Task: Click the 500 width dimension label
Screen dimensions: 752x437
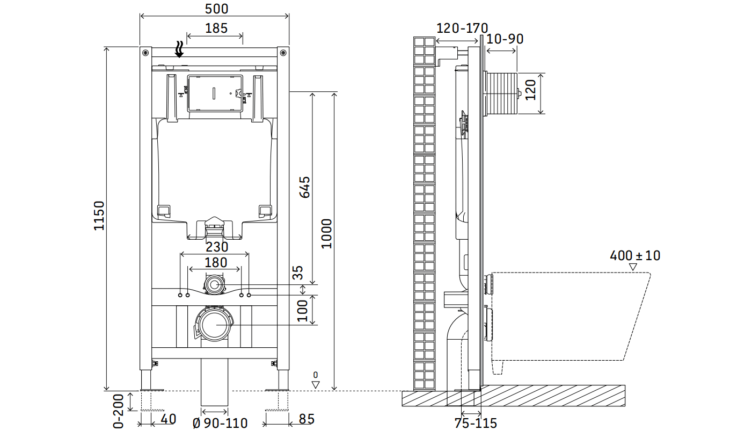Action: click(x=216, y=9)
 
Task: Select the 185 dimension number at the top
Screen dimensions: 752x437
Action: click(x=216, y=28)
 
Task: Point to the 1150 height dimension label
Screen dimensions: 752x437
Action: click(x=99, y=216)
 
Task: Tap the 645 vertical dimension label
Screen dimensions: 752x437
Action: click(x=305, y=187)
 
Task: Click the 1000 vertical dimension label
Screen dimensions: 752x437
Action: click(x=327, y=234)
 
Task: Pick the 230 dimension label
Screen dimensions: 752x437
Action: click(x=217, y=247)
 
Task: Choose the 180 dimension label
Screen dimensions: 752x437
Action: click(x=216, y=262)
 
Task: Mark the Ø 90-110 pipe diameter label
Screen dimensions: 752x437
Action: click(x=220, y=423)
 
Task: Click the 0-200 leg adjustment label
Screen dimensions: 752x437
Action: click(x=118, y=411)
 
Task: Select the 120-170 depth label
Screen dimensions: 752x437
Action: click(x=462, y=28)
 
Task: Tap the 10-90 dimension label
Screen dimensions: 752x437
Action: click(x=505, y=39)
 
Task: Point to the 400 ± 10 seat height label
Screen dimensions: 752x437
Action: click(x=635, y=256)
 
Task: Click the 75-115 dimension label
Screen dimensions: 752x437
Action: click(x=476, y=423)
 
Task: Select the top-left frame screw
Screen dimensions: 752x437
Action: click(x=145, y=53)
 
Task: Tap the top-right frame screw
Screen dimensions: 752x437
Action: click(x=283, y=53)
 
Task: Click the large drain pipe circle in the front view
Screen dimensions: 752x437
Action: click(x=215, y=325)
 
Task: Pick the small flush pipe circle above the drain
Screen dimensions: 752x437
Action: click(x=214, y=285)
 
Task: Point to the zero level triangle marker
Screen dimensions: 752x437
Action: click(x=315, y=384)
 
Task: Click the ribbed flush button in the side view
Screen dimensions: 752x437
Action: click(x=501, y=93)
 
